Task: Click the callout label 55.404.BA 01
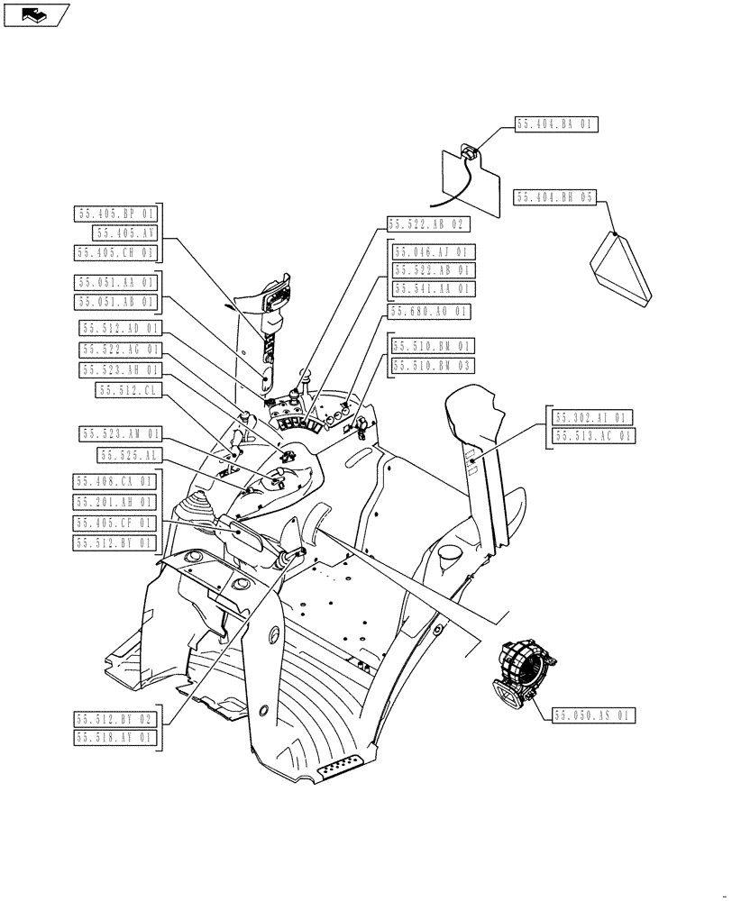(x=556, y=124)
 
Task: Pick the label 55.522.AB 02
(x=429, y=223)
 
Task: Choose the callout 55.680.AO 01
(x=429, y=312)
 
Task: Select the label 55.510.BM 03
(x=432, y=365)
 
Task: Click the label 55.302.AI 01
(x=592, y=417)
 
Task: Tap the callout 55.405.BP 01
(x=114, y=214)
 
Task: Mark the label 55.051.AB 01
(x=114, y=302)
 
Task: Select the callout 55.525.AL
(x=128, y=456)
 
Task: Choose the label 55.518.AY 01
(x=114, y=738)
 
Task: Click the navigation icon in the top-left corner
(x=36, y=14)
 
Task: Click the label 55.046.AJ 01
(x=432, y=251)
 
